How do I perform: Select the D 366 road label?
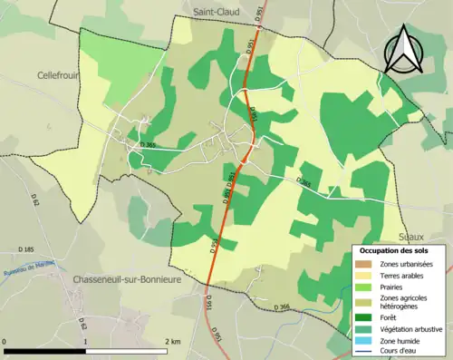coord(284,307)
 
